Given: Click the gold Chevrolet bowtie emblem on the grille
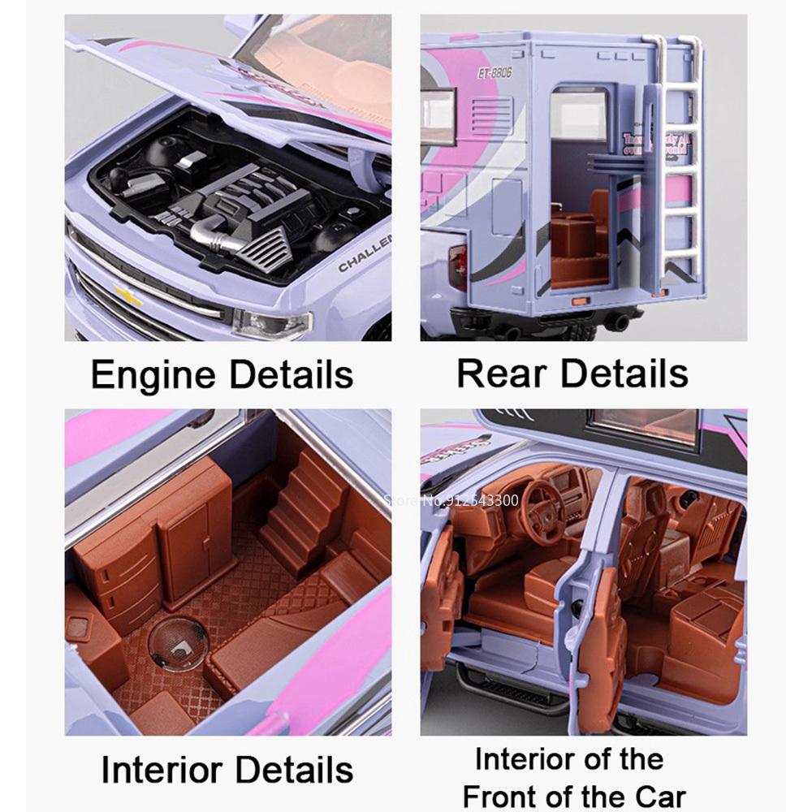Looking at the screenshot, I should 128,296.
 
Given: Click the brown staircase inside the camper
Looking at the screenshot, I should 300,503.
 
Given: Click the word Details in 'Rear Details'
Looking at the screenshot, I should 624,373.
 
